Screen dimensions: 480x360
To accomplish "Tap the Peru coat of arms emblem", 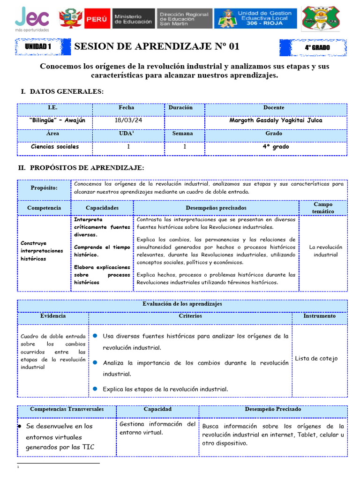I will point(68,18).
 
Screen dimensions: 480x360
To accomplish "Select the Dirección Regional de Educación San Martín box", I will point(184,18).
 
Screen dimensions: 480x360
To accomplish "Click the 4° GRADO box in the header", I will point(317,47).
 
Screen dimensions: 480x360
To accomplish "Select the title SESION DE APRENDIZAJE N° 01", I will point(157,46).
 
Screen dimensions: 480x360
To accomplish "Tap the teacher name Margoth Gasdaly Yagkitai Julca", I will point(276,120).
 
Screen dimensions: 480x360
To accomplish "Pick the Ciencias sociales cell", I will point(55,147).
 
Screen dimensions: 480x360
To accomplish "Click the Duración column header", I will point(180,108).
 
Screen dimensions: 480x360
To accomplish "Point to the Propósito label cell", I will point(44,188).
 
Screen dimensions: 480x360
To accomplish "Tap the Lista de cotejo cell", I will point(316,359).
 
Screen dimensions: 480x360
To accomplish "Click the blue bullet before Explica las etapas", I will point(95,389).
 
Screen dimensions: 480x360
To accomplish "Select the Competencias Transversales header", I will point(67,409).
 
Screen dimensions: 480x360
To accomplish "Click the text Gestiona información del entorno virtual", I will point(157,428).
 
